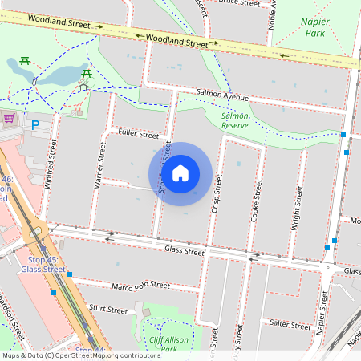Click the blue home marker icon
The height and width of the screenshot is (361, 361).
(180, 173)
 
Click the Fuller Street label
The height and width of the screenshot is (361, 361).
(138, 133)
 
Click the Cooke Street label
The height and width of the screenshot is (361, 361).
(258, 200)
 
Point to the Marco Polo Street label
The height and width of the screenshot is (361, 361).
(140, 286)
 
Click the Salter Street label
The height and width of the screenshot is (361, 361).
(290, 325)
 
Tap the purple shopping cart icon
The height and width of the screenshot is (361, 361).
(10, 117)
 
